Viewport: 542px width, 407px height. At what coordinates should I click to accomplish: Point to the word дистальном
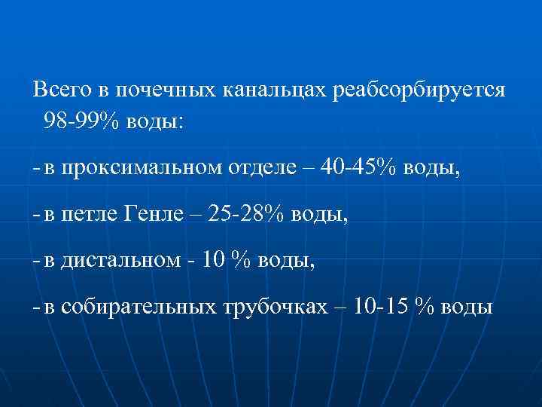pos(121,261)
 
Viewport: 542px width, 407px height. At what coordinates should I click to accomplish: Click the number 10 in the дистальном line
pos(214,261)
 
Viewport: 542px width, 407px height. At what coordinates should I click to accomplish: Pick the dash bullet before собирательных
pos(37,308)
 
